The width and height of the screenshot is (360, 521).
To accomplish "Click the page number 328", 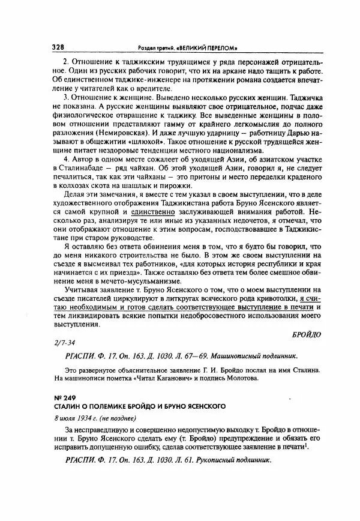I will pos(58,47).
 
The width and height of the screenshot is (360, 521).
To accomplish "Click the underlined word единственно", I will pos(152,231).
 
